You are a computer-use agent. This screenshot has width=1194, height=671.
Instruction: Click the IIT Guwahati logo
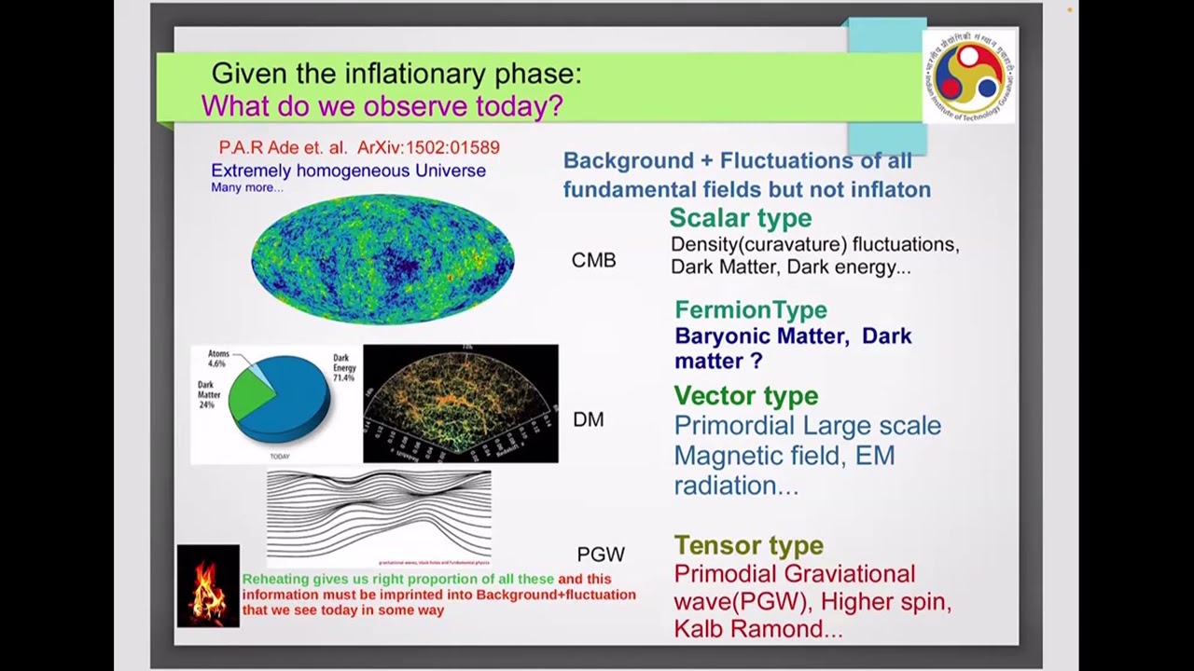coord(968,76)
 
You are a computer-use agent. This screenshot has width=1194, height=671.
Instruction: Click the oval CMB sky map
coord(382,259)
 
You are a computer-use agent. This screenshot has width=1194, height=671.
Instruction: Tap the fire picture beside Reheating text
coord(208,586)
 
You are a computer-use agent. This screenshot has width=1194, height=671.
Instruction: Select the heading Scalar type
coord(740,218)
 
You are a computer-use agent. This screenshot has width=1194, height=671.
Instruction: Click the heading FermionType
coord(750,309)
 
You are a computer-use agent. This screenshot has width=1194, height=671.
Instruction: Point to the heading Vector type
coord(745,395)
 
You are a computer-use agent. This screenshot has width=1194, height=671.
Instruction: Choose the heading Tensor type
coord(748,545)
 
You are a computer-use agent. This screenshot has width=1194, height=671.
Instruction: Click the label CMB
coord(593,261)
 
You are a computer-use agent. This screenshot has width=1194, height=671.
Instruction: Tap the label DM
coord(588,420)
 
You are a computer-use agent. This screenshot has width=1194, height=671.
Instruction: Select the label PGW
coord(600,555)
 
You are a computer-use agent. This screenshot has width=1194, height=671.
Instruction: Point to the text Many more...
coord(246,187)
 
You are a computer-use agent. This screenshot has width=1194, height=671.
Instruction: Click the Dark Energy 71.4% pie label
coord(343,368)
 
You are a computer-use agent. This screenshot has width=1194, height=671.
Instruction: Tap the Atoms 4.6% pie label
coord(218,360)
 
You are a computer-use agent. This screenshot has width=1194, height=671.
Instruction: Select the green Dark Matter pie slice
coord(250,398)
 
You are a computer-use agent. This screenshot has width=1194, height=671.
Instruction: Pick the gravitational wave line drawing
coord(379,515)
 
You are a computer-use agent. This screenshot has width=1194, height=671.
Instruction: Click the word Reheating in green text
coord(275,579)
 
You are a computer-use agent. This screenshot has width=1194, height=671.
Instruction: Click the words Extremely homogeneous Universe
coord(348,171)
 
